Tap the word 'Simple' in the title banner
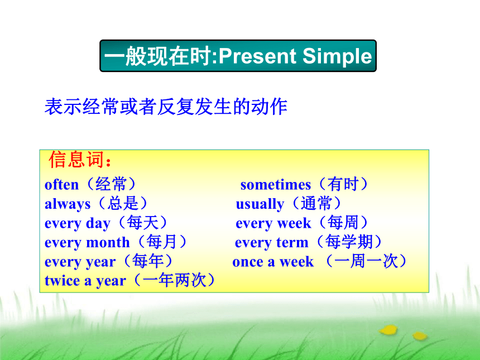click(x=337, y=56)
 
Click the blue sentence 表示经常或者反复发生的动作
click(x=166, y=107)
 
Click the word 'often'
click(x=61, y=185)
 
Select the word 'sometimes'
click(x=276, y=185)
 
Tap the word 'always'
click(x=68, y=204)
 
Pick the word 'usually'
click(x=260, y=204)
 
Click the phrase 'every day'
click(x=77, y=223)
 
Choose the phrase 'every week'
click(x=273, y=223)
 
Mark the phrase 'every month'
click(x=87, y=242)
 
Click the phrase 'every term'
click(x=271, y=242)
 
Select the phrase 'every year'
click(x=80, y=262)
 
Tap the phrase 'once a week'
click(x=273, y=262)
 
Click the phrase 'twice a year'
click(x=85, y=281)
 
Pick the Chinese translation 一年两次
click(x=175, y=280)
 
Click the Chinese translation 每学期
click(x=349, y=242)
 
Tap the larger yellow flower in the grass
click(x=388, y=330)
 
